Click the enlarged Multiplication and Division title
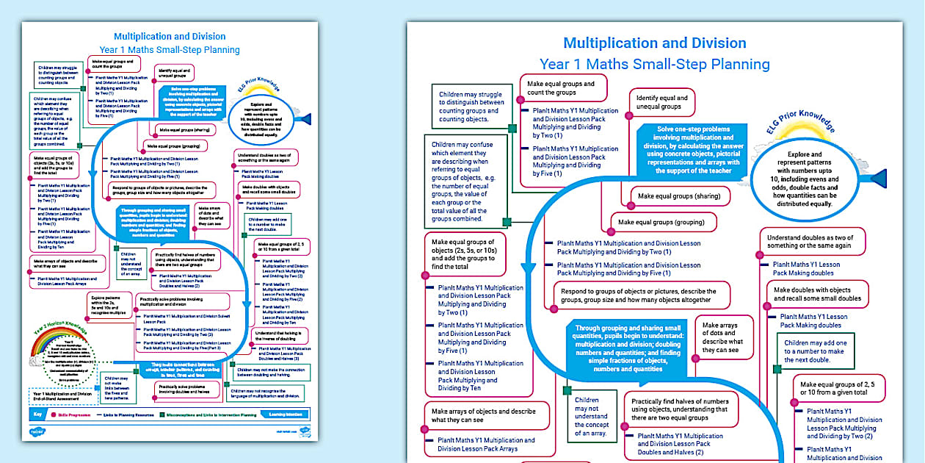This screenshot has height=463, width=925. point(654,43)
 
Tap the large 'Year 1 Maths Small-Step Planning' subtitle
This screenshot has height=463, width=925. point(654,65)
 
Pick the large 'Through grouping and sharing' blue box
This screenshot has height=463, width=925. point(628,348)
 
